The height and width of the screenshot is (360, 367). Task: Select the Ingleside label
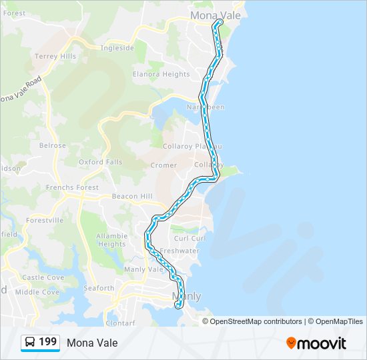[x=117, y=48]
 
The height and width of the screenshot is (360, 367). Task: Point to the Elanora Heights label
[x=161, y=74]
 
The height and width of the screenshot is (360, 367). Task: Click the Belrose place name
[x=53, y=145]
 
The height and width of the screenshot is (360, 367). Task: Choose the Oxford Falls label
[x=100, y=162]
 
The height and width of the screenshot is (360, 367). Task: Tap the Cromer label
[x=163, y=165]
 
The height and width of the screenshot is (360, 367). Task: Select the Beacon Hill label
[x=132, y=196]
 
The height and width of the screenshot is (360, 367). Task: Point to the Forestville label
[x=45, y=220]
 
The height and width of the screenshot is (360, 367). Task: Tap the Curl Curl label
[x=190, y=238]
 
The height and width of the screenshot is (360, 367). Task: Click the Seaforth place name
[x=99, y=288]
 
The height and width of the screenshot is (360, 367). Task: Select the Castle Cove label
[x=43, y=277]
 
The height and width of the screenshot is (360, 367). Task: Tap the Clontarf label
[x=120, y=323]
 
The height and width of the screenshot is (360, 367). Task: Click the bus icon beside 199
[x=30, y=342]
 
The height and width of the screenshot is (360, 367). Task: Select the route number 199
[x=48, y=342]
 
